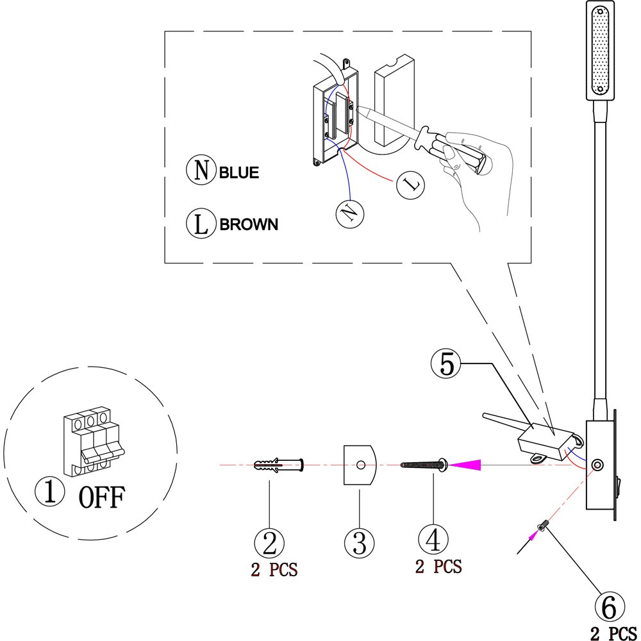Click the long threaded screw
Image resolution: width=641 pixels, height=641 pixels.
pos(423,464)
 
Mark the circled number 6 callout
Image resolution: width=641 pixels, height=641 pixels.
pos(610,605)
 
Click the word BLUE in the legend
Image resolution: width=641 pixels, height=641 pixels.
pos(239,173)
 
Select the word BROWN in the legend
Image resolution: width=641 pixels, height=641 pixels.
pos(249,224)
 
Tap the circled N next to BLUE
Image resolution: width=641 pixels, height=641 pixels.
pos(201,171)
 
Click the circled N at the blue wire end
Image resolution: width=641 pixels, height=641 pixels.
pos(350,212)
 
